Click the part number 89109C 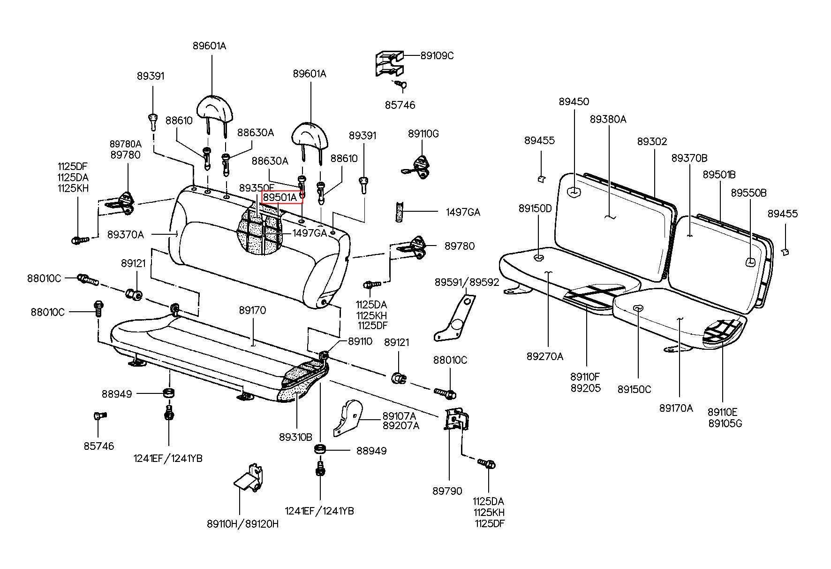(437, 55)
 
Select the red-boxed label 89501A (280, 197)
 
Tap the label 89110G (423, 134)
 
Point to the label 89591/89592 (467, 282)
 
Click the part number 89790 (447, 491)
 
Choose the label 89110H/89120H (243, 523)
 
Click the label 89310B (295, 437)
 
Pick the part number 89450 (574, 101)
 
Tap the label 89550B (749, 193)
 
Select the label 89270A (545, 356)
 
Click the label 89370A (126, 234)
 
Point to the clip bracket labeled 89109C (389, 63)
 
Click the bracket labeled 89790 (456, 420)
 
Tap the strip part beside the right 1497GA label (400, 212)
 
